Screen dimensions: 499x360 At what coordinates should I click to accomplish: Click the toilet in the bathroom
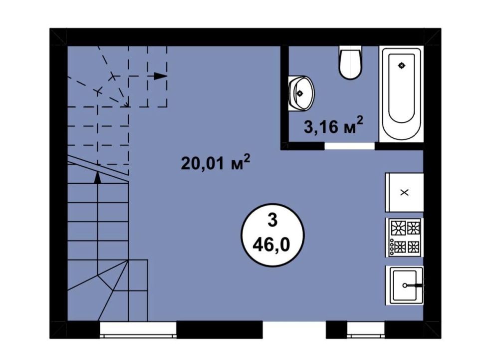tap(350, 62)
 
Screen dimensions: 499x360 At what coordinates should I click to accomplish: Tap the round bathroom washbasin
tap(301, 93)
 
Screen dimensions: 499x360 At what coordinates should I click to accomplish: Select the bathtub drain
tap(402, 65)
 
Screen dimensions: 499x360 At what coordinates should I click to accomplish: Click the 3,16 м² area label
tap(333, 125)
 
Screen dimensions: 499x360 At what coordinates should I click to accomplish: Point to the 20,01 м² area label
tap(216, 163)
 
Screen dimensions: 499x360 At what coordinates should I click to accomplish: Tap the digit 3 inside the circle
tap(272, 221)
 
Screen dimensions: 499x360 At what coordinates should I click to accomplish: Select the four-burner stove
tap(404, 237)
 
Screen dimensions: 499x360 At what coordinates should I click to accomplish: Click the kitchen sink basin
tap(405, 286)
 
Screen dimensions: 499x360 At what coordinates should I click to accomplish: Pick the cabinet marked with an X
tap(404, 192)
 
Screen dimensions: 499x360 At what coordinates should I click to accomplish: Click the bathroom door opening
tap(349, 146)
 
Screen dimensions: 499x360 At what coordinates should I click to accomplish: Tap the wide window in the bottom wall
tap(138, 330)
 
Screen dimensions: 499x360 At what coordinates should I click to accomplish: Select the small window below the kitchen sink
tap(366, 330)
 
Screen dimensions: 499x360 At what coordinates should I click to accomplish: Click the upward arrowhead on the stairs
tap(98, 178)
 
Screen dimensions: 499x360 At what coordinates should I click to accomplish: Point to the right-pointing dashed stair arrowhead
tap(161, 76)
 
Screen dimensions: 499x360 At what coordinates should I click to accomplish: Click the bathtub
tap(401, 94)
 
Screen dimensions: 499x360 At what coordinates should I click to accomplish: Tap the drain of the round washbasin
tap(300, 93)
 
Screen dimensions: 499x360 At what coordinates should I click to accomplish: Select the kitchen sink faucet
tap(417, 285)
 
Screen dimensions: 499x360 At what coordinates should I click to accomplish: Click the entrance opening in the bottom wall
tap(294, 330)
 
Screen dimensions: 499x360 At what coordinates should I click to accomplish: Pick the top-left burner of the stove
tap(398, 228)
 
